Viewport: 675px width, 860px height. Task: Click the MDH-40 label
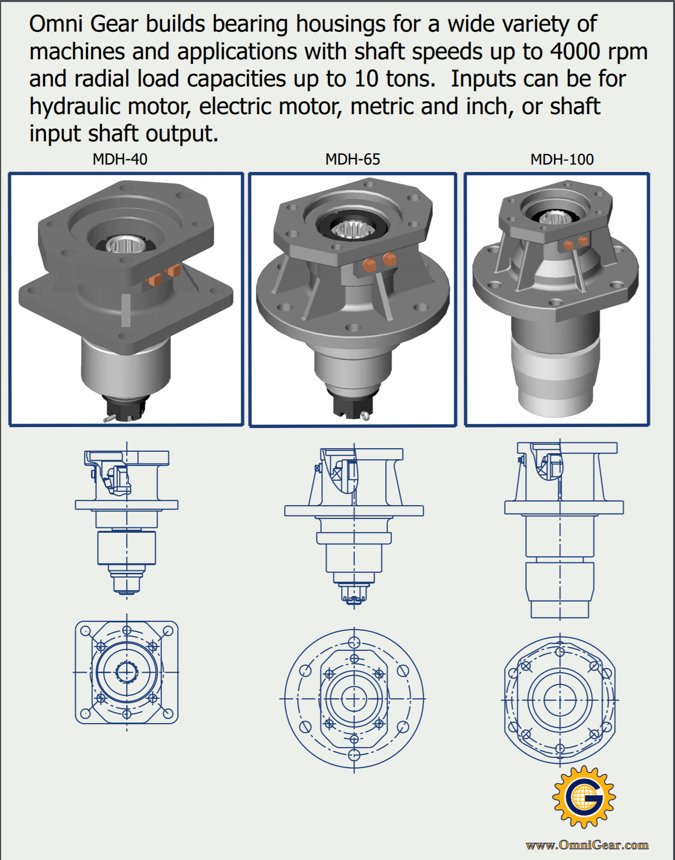120,159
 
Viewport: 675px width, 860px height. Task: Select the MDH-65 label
353,159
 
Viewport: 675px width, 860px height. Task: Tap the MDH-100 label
562,159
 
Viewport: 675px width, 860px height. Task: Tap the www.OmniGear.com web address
587,845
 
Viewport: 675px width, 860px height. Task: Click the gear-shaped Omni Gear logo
584,797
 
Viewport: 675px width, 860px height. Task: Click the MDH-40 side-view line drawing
127,522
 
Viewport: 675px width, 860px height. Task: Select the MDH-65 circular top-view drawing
354,699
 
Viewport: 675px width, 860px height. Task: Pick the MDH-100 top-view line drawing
560,700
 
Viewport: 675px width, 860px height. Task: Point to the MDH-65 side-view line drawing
354,527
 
